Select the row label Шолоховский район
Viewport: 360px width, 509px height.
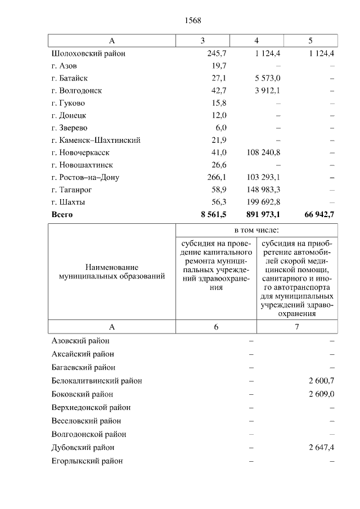(88, 53)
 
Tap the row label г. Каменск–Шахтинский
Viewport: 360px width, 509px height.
(96, 140)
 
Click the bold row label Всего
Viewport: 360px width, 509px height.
(62, 214)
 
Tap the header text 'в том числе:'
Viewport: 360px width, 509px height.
(256, 230)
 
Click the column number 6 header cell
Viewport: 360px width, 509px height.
(216, 327)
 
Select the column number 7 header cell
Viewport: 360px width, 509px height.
(297, 327)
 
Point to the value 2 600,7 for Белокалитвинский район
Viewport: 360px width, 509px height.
(321, 381)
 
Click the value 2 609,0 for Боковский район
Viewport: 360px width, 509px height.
(321, 394)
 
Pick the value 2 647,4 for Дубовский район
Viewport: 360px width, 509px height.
(321, 448)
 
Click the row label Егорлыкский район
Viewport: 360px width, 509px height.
(87, 461)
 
